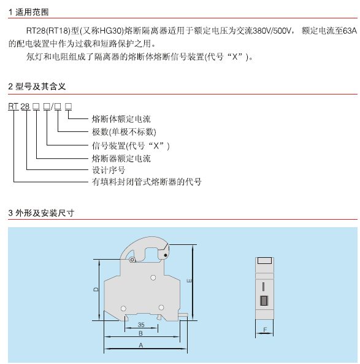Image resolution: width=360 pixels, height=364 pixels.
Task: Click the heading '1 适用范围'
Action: [28, 12]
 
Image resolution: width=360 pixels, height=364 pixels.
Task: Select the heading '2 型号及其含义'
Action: [37, 87]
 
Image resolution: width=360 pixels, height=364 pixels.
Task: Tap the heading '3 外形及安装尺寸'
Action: [41, 213]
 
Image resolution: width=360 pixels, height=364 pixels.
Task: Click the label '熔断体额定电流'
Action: [121, 119]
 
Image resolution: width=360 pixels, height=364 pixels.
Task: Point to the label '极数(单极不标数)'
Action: [124, 132]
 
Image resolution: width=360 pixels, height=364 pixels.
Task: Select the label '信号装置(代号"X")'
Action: [131, 146]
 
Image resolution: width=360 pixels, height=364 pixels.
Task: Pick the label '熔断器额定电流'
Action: [121, 158]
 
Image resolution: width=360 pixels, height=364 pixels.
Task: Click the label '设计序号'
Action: [109, 170]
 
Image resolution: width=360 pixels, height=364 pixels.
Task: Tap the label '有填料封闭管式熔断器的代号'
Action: [147, 182]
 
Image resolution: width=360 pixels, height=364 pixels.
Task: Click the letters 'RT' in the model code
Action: [13, 106]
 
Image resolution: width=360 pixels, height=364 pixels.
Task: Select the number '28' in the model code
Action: [25, 106]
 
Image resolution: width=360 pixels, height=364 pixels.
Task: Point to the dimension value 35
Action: [141, 325]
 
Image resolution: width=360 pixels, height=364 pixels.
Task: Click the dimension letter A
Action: [141, 345]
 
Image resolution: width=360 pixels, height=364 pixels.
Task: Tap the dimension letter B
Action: [140, 333]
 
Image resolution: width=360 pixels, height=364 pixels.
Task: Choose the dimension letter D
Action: [96, 290]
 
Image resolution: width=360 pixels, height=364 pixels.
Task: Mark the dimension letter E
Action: [189, 281]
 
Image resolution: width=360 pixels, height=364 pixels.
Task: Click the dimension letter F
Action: [265, 330]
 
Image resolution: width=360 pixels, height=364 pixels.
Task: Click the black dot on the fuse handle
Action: [166, 255]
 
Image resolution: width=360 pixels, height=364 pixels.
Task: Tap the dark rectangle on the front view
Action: [264, 300]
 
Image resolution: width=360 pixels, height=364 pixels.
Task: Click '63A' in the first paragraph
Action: [350, 31]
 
